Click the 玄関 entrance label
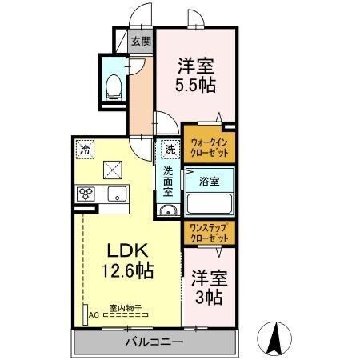point(141,41)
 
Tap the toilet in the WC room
point(114,87)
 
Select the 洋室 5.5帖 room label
point(195,75)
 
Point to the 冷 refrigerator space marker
point(85,150)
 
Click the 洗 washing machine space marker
point(170,150)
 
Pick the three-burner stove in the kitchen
point(86,194)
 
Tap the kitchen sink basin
point(117,194)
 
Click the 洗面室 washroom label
point(168,182)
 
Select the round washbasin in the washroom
point(168,210)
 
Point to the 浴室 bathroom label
point(210,182)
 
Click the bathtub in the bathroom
point(210,203)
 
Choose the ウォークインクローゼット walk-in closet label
point(210,147)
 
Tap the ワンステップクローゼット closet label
point(210,233)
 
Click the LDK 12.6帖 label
point(127,261)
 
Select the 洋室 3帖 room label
point(210,287)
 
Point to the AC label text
point(94,315)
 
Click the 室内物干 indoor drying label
point(126,308)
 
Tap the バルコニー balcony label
point(154,342)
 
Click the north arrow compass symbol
point(274,338)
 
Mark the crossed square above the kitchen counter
point(113,170)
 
